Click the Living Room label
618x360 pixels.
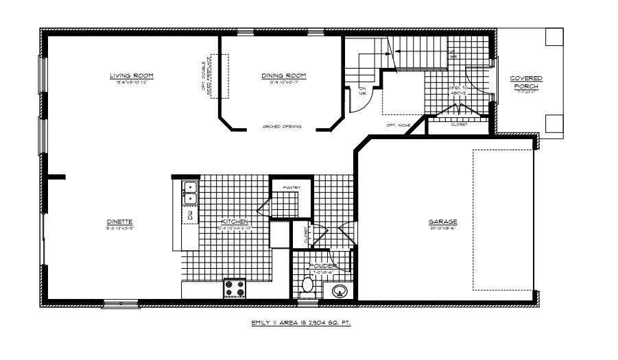coord(130,75)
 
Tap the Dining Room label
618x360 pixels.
coord(283,75)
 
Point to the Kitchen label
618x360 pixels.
coord(233,221)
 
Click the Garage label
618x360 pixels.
coord(443,221)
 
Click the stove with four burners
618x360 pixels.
coord(235,287)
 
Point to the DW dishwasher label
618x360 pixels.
coord(189,216)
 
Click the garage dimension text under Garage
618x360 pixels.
coord(443,228)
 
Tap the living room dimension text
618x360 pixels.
coord(130,82)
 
